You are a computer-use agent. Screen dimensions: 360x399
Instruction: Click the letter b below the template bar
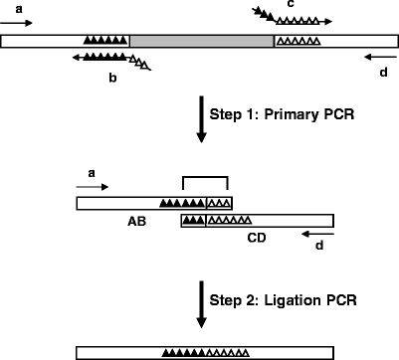[x=112, y=75]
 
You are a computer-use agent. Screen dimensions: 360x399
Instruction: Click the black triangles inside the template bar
[x=105, y=41]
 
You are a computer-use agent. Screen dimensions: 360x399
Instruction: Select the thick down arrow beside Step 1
[x=202, y=117]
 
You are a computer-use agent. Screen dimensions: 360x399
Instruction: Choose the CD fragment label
[x=257, y=237]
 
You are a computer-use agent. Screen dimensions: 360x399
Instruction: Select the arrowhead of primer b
[x=76, y=58]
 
